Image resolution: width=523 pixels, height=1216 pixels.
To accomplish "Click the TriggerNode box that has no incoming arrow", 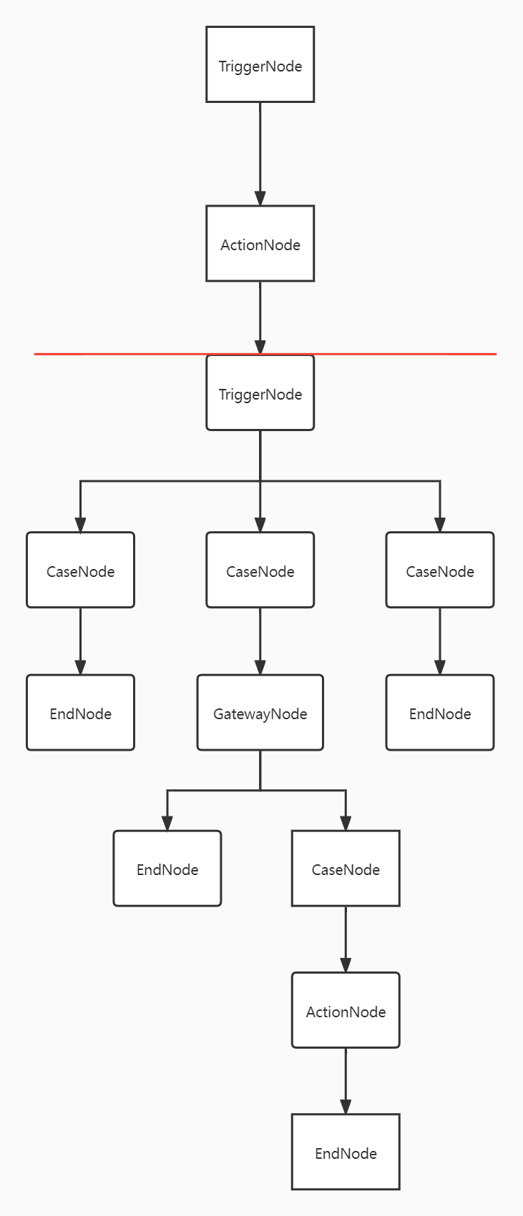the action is point(260,64).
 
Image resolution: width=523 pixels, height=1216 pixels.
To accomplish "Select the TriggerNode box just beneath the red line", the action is point(260,393).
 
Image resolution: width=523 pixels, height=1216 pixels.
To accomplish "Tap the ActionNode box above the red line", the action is point(260,244).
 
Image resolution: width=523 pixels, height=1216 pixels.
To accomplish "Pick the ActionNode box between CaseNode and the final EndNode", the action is point(346,1010).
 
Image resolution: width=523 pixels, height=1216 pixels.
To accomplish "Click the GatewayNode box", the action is point(260,713).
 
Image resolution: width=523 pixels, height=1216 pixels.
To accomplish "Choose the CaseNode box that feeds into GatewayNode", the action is point(260,570).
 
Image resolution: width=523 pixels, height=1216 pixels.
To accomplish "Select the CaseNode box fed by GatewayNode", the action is point(346,869).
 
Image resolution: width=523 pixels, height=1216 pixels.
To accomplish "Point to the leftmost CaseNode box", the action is point(80,570).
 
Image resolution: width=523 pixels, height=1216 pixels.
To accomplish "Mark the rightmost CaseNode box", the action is point(440,570).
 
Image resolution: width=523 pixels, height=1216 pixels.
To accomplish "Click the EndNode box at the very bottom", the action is point(346,1152).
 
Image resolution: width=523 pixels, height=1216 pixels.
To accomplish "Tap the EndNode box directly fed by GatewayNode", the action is point(167,869).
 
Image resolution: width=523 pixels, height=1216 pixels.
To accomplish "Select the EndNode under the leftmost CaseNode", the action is point(80,713).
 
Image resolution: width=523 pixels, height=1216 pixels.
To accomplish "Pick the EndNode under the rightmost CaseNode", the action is point(440,713).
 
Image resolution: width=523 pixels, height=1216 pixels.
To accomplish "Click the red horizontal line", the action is point(265,354).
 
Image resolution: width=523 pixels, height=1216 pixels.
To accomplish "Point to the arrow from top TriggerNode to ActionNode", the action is point(260,154).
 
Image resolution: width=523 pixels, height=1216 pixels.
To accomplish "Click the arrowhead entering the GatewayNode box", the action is point(260,667).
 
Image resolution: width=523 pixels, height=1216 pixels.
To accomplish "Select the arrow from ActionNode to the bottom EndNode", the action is point(346,1082).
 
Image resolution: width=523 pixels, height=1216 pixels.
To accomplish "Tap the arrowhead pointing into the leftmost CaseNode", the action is point(80,525).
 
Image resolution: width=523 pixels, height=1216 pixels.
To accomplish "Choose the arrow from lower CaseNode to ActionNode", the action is point(346,939).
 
